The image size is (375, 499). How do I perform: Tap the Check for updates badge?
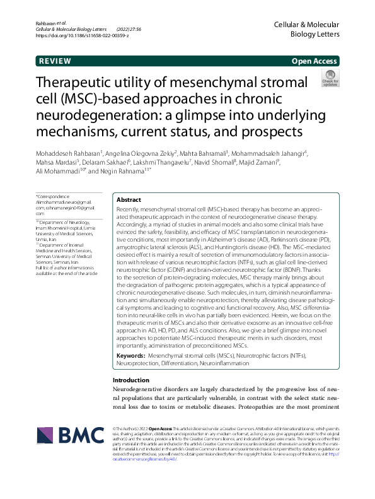[330, 79]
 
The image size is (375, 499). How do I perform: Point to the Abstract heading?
[129, 199]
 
